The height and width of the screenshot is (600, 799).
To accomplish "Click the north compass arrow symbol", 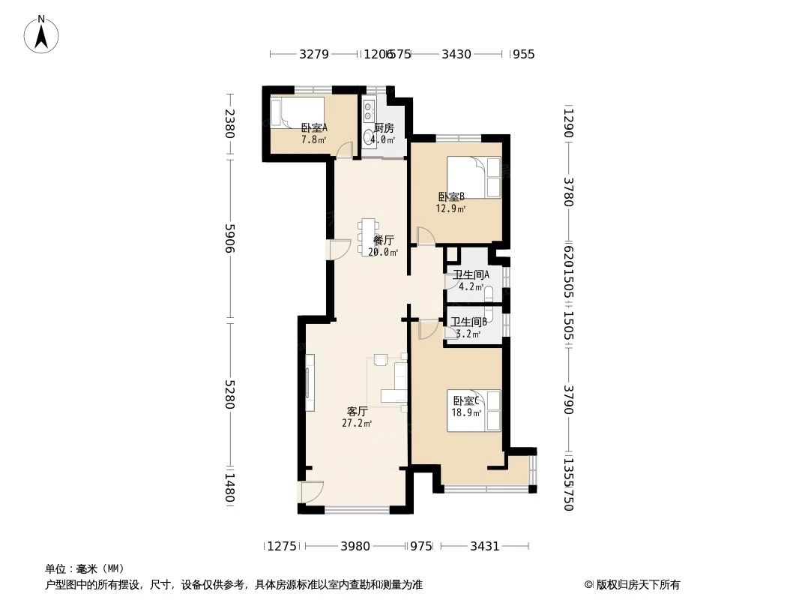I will [42, 34].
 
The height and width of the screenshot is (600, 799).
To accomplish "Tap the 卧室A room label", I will [314, 133].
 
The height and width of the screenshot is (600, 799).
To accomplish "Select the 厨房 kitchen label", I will [383, 133].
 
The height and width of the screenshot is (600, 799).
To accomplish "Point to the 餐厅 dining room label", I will [383, 246].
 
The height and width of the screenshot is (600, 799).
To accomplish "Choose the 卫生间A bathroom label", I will [471, 280].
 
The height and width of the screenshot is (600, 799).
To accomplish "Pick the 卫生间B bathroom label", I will [468, 328].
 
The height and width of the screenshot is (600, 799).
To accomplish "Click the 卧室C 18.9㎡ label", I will [465, 406].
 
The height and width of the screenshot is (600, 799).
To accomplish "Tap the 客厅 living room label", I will [357, 416].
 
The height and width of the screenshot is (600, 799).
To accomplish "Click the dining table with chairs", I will [368, 235].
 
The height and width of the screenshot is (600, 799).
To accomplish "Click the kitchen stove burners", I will [368, 112].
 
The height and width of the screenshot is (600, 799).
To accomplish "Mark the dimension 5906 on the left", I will [230, 238].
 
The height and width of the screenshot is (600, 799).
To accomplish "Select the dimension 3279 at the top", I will [314, 54].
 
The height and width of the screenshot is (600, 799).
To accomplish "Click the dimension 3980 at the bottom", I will [355, 546].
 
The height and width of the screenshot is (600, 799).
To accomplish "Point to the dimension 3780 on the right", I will [567, 192].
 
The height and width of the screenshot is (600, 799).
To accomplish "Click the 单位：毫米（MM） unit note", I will [85, 568].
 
